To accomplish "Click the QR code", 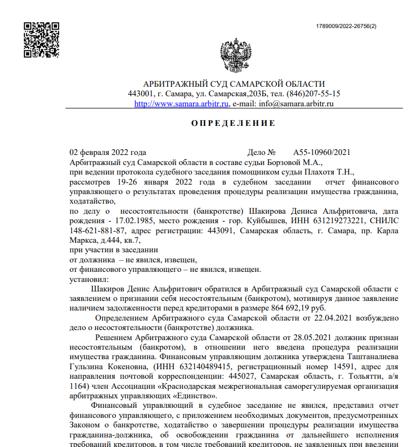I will point(41,40).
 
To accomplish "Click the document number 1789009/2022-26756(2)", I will point(346,26).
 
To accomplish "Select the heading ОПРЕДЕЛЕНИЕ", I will point(233,123).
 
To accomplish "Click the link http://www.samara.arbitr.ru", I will point(181,104).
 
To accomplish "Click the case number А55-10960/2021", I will point(322,152).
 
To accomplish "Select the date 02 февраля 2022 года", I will point(108,152).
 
